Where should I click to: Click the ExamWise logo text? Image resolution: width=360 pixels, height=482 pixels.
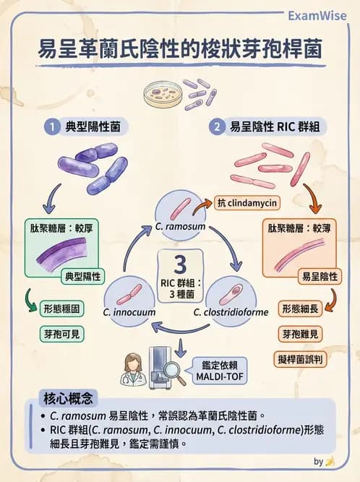[319, 16]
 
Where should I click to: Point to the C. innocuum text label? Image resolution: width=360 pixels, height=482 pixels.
[125, 312]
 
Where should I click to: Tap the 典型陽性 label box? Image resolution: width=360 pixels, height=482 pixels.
[84, 276]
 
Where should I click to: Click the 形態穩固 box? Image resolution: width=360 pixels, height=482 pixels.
[61, 308]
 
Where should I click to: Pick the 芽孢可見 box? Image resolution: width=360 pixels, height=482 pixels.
[61, 334]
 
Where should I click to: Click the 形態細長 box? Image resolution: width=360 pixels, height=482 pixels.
[301, 308]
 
